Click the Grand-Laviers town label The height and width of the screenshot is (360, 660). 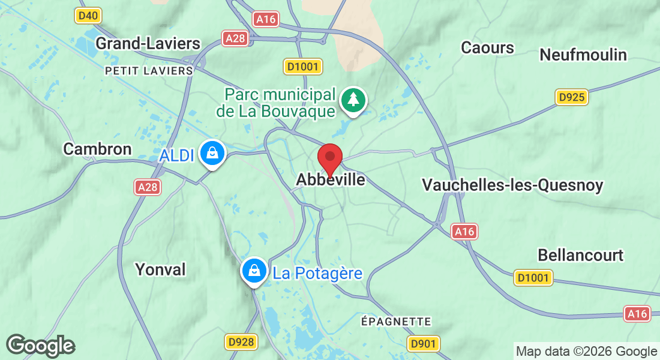click(x=148, y=43)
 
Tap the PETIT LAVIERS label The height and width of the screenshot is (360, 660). click(x=149, y=71)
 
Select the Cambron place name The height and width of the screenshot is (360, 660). click(x=97, y=149)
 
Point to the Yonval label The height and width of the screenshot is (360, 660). click(x=160, y=269)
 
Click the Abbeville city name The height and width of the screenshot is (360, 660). click(x=331, y=179)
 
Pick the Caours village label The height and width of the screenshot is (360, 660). click(x=487, y=47)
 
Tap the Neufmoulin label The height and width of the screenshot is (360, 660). click(x=583, y=55)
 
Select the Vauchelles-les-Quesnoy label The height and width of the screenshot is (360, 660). click(x=512, y=185)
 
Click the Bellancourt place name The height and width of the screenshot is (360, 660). click(x=580, y=254)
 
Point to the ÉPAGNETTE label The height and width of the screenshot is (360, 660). click(x=395, y=322)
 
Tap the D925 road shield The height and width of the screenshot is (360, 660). click(x=571, y=97)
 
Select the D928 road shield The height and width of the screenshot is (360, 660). click(x=242, y=342)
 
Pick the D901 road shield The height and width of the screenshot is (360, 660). click(x=424, y=343)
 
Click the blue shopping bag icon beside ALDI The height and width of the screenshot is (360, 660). click(x=212, y=153)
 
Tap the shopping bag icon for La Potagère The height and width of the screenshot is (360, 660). click(x=254, y=271)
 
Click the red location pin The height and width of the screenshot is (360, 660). click(x=329, y=158)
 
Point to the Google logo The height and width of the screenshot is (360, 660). click(x=41, y=346)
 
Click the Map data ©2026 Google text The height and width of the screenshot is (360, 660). click(x=586, y=352)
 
